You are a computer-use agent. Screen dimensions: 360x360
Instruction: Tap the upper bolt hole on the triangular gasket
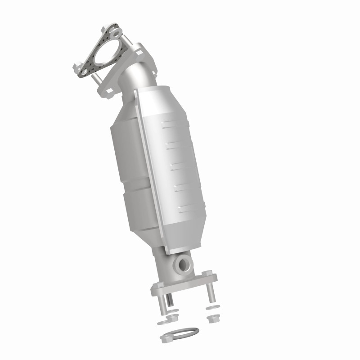point(117,33)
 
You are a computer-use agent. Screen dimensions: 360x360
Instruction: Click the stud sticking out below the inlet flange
point(96,80)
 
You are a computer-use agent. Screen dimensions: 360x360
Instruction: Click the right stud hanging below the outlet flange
point(209,292)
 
